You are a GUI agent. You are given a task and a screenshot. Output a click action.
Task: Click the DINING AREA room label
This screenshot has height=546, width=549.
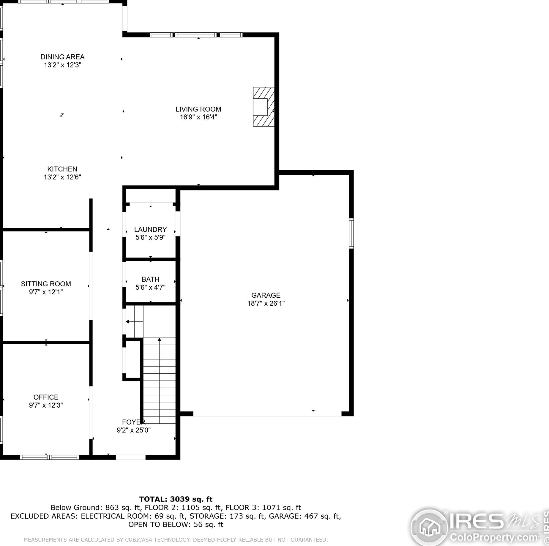[x=62, y=57]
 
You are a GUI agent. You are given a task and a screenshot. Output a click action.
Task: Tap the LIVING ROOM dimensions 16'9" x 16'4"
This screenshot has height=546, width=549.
[x=198, y=117]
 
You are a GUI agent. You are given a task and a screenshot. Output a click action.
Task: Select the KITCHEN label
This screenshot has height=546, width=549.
[x=62, y=169]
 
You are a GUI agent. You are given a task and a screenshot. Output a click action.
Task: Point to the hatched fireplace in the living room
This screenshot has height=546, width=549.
[x=264, y=107]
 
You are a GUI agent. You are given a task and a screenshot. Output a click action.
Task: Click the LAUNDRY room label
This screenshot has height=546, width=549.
[x=150, y=229]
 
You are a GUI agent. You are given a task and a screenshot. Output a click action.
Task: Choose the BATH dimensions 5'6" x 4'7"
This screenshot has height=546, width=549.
[x=150, y=287]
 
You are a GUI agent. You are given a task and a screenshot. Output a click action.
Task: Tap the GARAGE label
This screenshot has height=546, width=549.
[x=266, y=295]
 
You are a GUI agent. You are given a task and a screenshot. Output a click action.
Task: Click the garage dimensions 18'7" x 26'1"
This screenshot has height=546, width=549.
[x=266, y=303]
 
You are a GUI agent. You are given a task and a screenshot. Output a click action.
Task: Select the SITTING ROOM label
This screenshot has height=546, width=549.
[x=46, y=284]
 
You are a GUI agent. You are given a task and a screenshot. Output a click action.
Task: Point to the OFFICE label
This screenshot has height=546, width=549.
[x=46, y=397]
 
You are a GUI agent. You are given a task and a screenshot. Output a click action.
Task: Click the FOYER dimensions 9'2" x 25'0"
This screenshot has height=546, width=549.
[x=134, y=430]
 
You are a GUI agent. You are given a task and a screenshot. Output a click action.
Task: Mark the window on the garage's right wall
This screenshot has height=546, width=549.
[x=351, y=233]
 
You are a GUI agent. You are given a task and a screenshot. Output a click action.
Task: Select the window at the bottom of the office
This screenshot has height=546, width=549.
[x=49, y=457]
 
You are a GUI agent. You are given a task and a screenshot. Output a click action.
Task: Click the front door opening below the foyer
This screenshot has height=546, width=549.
[x=130, y=457]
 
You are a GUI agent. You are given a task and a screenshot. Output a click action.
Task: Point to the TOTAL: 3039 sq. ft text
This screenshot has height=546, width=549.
[x=176, y=499]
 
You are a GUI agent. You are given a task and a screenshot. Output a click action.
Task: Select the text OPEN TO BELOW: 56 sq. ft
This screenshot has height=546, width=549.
[x=176, y=524]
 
